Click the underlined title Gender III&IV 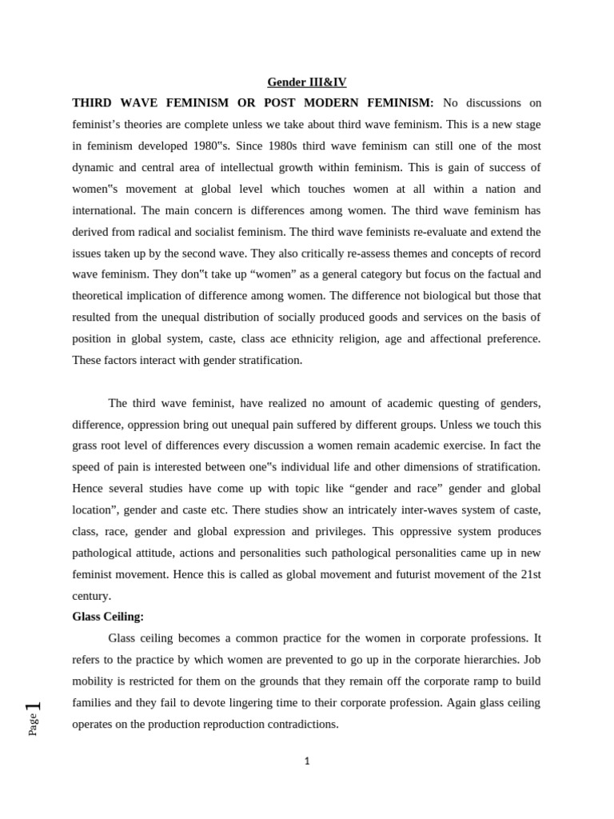pyautogui.click(x=307, y=82)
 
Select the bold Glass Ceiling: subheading pyautogui.click(x=108, y=617)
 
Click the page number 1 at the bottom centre pyautogui.click(x=307, y=761)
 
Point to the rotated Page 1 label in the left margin pyautogui.click(x=33, y=718)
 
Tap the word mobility pyautogui.click(x=94, y=681)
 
